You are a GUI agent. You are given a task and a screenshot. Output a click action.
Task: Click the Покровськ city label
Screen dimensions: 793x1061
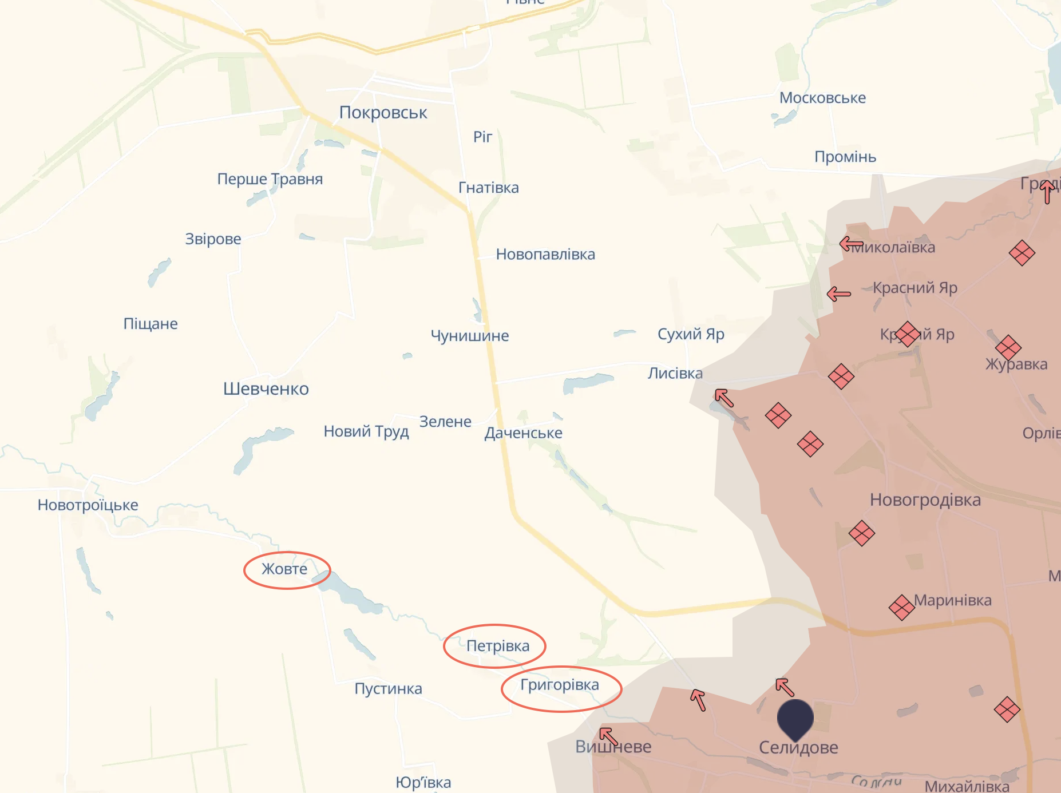[x=383, y=113]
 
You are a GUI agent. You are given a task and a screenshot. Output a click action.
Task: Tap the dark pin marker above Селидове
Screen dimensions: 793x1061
[x=795, y=717]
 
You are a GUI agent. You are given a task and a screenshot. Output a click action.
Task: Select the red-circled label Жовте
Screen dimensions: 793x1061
[x=284, y=569]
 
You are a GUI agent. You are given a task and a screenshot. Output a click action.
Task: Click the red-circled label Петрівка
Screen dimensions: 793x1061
[x=497, y=646]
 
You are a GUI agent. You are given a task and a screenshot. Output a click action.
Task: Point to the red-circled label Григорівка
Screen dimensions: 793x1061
[x=559, y=685]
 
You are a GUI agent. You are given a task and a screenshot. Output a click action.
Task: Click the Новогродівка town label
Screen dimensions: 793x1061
[x=925, y=500]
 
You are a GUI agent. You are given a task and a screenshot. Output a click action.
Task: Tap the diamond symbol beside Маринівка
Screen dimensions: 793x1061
[x=901, y=608]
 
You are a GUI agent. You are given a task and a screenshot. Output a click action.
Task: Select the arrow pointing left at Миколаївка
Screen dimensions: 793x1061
[x=851, y=244]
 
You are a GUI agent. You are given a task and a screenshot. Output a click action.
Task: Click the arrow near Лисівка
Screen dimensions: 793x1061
[x=724, y=398]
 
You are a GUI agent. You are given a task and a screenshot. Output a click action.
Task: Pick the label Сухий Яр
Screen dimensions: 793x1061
[x=691, y=334]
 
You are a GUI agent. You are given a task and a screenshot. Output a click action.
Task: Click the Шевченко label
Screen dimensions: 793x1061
[x=266, y=389]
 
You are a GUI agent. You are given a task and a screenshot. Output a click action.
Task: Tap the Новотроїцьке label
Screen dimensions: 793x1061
[x=88, y=505]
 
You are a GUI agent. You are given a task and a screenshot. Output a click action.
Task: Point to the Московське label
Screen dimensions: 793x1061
[x=822, y=98]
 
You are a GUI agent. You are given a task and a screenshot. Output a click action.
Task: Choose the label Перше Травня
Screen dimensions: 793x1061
[x=270, y=179]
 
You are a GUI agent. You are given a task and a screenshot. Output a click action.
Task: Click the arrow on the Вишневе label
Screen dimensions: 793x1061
[x=608, y=736]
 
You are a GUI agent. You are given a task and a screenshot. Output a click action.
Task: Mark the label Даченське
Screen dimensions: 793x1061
[x=523, y=433]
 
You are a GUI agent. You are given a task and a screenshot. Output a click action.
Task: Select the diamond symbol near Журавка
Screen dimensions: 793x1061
[x=1008, y=347]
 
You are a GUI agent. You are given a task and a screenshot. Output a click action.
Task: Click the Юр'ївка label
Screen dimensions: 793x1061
[x=423, y=782]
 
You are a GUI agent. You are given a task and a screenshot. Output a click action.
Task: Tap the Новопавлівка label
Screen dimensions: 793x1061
[x=545, y=255]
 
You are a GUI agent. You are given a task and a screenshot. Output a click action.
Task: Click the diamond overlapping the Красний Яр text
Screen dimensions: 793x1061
[x=907, y=334]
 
